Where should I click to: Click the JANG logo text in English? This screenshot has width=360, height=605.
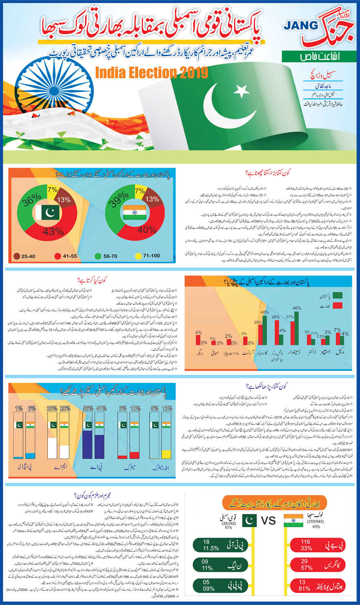click(301, 26)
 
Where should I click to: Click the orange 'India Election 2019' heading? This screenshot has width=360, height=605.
click(152, 73)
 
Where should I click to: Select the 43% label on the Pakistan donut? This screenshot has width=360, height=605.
click(53, 231)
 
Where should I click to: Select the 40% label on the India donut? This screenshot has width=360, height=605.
click(147, 230)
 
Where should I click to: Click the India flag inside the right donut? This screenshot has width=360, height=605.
click(135, 213)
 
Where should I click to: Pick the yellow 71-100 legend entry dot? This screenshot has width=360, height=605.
click(138, 256)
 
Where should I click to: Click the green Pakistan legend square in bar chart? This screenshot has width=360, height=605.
click(337, 296)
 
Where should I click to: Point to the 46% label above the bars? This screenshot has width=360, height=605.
click(297, 308)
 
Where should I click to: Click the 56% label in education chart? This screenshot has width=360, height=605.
click(88, 408)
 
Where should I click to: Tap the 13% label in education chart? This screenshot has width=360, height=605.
click(167, 408)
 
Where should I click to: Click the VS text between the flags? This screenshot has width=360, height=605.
click(268, 520)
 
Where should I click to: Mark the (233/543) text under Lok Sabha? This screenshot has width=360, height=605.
click(315, 522)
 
